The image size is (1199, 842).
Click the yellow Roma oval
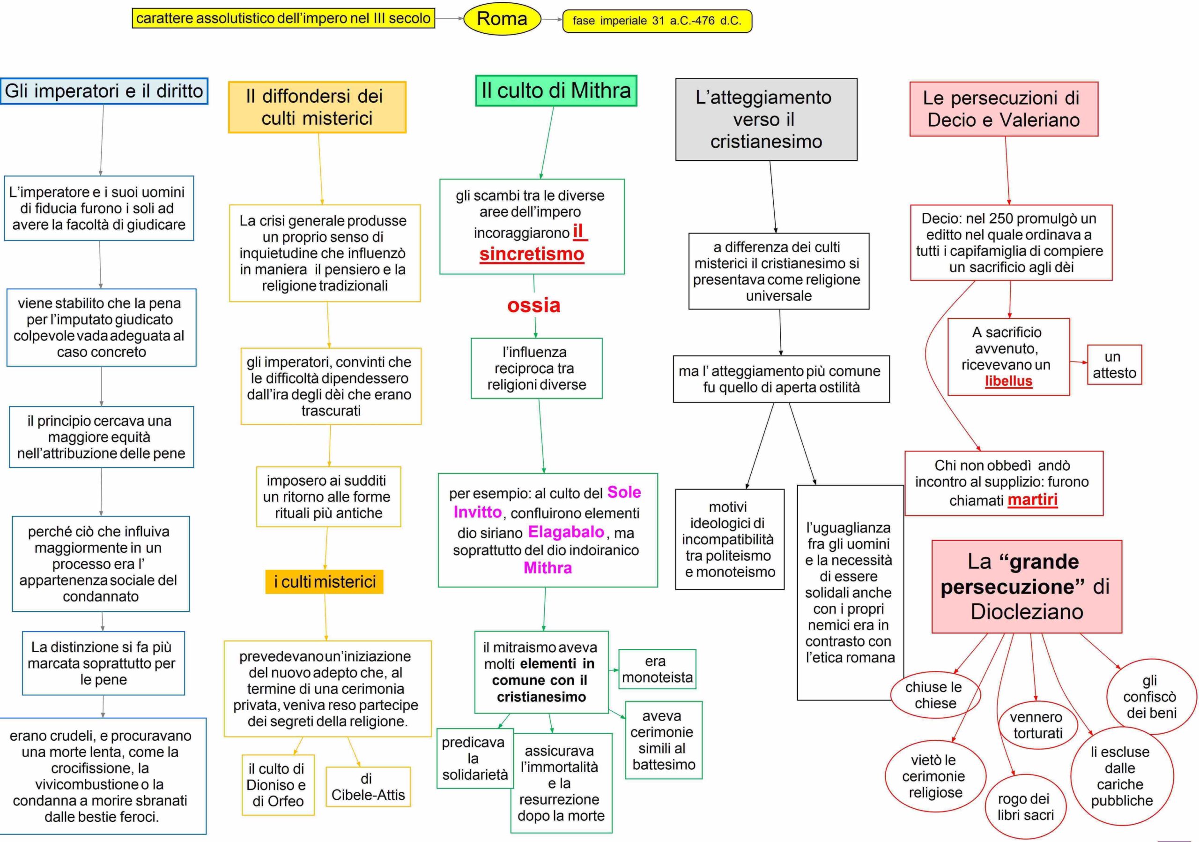tap(502, 19)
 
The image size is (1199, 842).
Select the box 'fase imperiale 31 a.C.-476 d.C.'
tap(657, 21)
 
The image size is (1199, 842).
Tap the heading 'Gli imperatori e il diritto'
tap(104, 91)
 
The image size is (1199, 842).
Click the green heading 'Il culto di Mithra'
tap(555, 91)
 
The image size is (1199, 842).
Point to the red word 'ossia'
tap(533, 305)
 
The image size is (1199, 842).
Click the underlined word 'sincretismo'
tap(532, 254)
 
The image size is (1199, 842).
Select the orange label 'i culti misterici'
tap(324, 582)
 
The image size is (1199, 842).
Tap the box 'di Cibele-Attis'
tap(368, 787)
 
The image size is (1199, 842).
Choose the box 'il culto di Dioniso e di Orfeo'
tap(278, 784)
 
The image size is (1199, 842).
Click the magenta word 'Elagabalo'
tap(566, 532)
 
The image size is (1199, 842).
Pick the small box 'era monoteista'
tap(657, 669)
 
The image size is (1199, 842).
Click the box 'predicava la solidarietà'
tap(475, 758)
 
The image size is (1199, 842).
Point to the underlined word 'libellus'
tap(1008, 381)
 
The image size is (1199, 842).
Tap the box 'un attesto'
tap(1114, 365)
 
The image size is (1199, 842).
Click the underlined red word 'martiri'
tap(1032, 500)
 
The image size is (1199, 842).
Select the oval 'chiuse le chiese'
tap(935, 695)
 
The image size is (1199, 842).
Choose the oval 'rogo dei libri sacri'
tap(1025, 806)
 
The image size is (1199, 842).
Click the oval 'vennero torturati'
tap(1037, 725)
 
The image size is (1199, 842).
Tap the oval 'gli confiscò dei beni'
tap(1151, 696)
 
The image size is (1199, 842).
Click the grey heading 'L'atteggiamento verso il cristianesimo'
tap(766, 119)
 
